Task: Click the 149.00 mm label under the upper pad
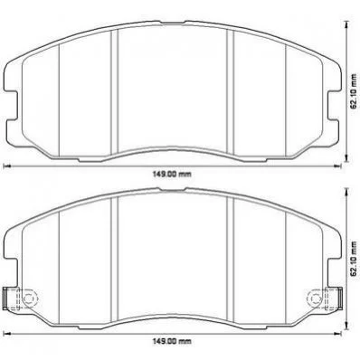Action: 173,174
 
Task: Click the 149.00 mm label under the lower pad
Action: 173,341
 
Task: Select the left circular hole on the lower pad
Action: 29,298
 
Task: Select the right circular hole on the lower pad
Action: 316,298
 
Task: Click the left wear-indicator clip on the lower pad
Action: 13,298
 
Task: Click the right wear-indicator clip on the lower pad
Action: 333,298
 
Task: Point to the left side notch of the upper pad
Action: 12,106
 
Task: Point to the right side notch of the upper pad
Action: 334,106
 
